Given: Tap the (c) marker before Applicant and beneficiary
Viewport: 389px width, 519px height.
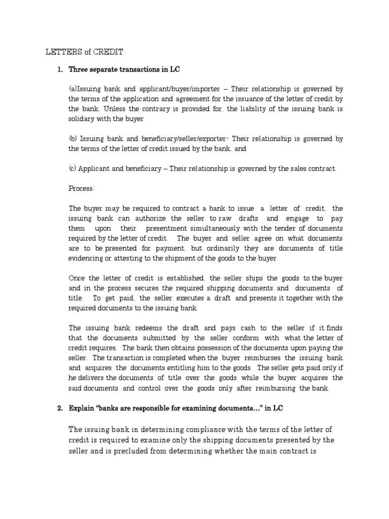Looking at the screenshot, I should pos(73,168).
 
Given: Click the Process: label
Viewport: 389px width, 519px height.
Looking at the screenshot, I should pos(82,188).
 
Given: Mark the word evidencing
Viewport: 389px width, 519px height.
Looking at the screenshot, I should pos(87,257).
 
